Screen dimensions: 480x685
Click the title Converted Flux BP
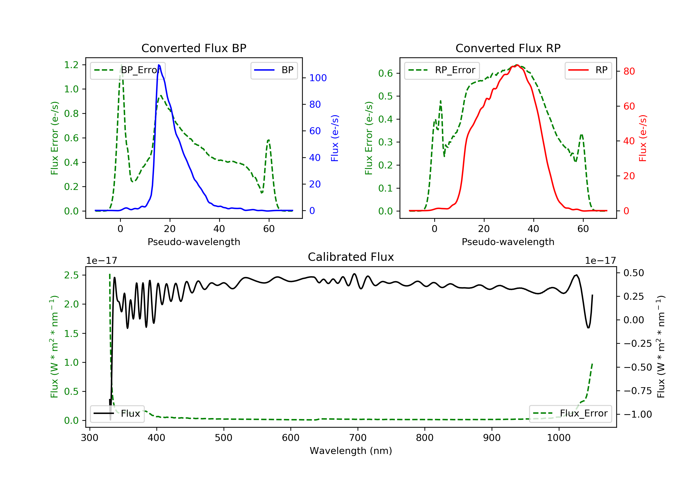click(x=194, y=48)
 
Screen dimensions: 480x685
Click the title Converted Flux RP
click(x=508, y=48)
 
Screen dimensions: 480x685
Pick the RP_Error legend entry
click(x=442, y=70)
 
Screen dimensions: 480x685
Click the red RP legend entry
click(x=588, y=70)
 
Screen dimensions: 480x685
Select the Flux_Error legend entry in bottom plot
click(x=570, y=413)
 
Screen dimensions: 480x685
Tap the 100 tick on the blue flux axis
click(x=318, y=78)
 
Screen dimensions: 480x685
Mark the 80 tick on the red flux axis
click(x=629, y=71)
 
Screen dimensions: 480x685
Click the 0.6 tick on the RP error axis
click(x=385, y=73)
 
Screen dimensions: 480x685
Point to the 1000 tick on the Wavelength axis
click(x=559, y=438)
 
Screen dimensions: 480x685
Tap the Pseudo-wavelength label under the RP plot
click(x=508, y=242)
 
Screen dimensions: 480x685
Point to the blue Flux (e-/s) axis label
click(x=335, y=138)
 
